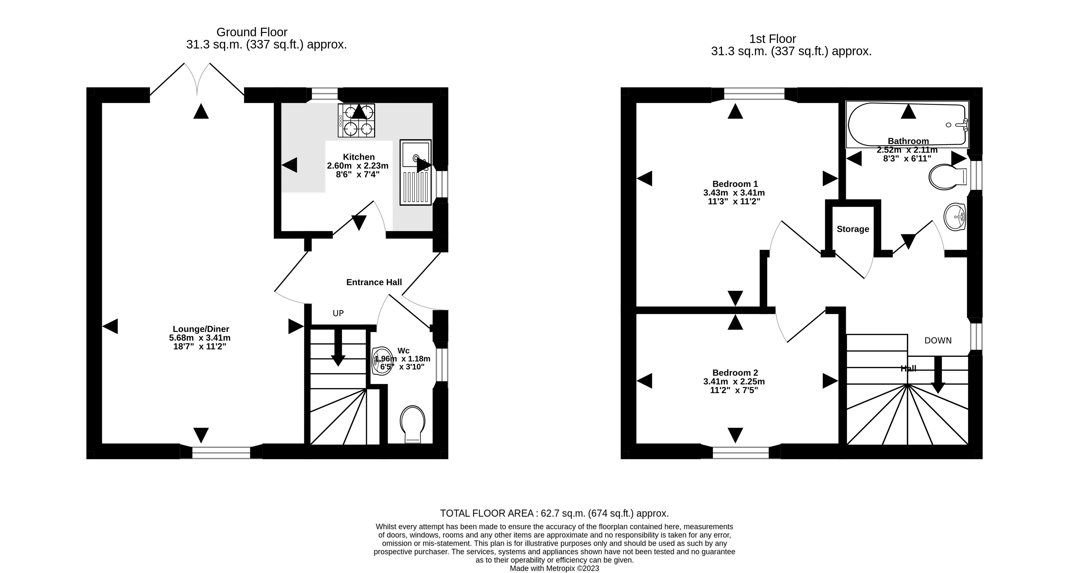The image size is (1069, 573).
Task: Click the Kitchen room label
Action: tap(358, 157)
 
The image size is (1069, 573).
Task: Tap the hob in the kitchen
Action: tap(356, 120)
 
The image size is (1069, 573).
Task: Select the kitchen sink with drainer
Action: tap(415, 172)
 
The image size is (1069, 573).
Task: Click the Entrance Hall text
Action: tap(374, 282)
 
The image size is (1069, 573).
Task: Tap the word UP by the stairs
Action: tap(338, 313)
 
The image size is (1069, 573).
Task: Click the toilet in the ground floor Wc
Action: tap(412, 424)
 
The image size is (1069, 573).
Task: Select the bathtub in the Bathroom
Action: tap(907, 124)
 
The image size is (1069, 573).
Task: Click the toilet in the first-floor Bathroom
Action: tap(948, 177)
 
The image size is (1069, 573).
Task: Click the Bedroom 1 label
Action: tap(735, 184)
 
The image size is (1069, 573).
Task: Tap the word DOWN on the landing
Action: tap(938, 341)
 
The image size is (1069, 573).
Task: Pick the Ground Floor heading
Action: tap(252, 32)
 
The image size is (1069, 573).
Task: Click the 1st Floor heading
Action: tap(773, 39)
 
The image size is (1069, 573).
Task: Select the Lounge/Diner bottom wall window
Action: tap(221, 453)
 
